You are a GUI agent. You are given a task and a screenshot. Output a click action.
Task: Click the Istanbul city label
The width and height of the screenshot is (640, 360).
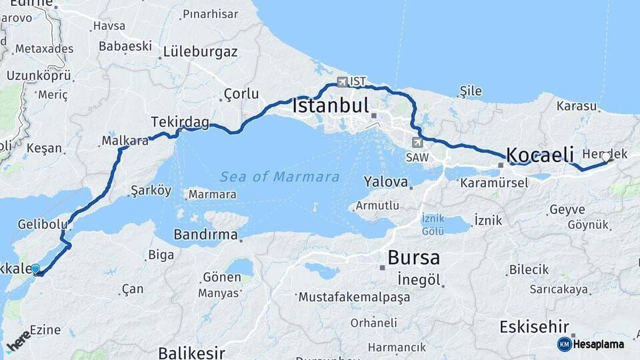(331, 106)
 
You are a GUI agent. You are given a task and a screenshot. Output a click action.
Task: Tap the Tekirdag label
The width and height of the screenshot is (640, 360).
(179, 122)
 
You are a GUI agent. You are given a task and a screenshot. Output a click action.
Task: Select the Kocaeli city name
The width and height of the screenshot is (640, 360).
(540, 155)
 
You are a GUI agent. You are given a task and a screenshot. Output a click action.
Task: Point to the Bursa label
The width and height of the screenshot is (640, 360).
(413, 257)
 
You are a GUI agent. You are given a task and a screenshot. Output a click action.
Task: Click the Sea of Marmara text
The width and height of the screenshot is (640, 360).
(279, 177)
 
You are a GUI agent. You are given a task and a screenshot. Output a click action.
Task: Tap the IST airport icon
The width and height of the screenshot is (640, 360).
(343, 82)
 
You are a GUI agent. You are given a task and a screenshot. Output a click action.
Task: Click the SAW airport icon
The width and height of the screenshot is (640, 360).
(417, 142)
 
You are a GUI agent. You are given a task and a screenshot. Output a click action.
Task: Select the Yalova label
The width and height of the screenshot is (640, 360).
(385, 181)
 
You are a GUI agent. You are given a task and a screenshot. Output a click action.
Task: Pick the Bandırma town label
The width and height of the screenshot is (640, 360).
(205, 235)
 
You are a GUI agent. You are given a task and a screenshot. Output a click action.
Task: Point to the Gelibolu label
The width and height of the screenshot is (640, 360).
(43, 223)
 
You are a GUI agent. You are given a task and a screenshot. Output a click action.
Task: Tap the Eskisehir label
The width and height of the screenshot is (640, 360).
(534, 327)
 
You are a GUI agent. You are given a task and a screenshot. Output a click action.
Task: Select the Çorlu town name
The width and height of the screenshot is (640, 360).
(241, 93)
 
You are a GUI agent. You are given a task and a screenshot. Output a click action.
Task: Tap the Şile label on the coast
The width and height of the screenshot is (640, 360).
(470, 91)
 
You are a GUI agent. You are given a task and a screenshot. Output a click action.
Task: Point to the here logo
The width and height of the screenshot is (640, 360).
(18, 341)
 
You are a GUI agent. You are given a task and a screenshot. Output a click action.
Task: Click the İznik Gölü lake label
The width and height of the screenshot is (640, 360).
(433, 225)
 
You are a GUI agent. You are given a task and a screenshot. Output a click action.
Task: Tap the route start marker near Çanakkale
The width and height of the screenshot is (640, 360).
(35, 269)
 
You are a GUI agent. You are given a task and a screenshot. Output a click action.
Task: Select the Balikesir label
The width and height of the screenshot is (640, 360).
(191, 353)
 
